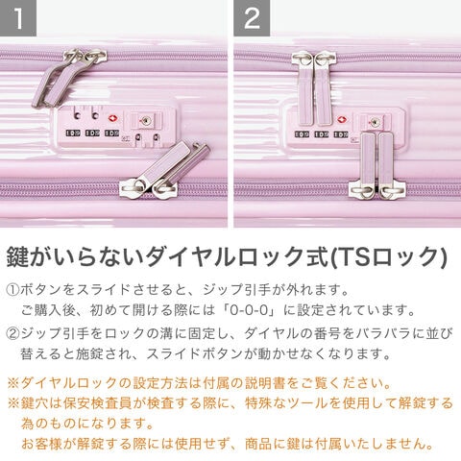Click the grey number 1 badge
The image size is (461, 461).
pos(18,18)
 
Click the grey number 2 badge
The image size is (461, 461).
pos(252,18)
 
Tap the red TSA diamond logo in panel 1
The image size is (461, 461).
pos(112,119)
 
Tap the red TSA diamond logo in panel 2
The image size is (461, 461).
pos(342,120)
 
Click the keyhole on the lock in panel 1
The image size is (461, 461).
pos(146,121)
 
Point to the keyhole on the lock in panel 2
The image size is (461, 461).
pos(375,122)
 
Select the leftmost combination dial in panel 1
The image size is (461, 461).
pos(73,133)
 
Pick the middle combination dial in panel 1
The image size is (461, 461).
pos(92,133)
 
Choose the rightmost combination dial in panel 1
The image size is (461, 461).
pos(112,133)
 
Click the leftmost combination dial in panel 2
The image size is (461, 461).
pos(302,134)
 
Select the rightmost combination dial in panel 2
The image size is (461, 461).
pos(341,134)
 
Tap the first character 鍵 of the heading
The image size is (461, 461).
pos(17,256)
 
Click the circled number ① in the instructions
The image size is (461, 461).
pos(12,290)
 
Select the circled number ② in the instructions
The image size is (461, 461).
pos(12,334)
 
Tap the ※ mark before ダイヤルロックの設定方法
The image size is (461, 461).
pos(13,383)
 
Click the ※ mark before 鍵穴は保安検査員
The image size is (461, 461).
pos(13,403)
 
